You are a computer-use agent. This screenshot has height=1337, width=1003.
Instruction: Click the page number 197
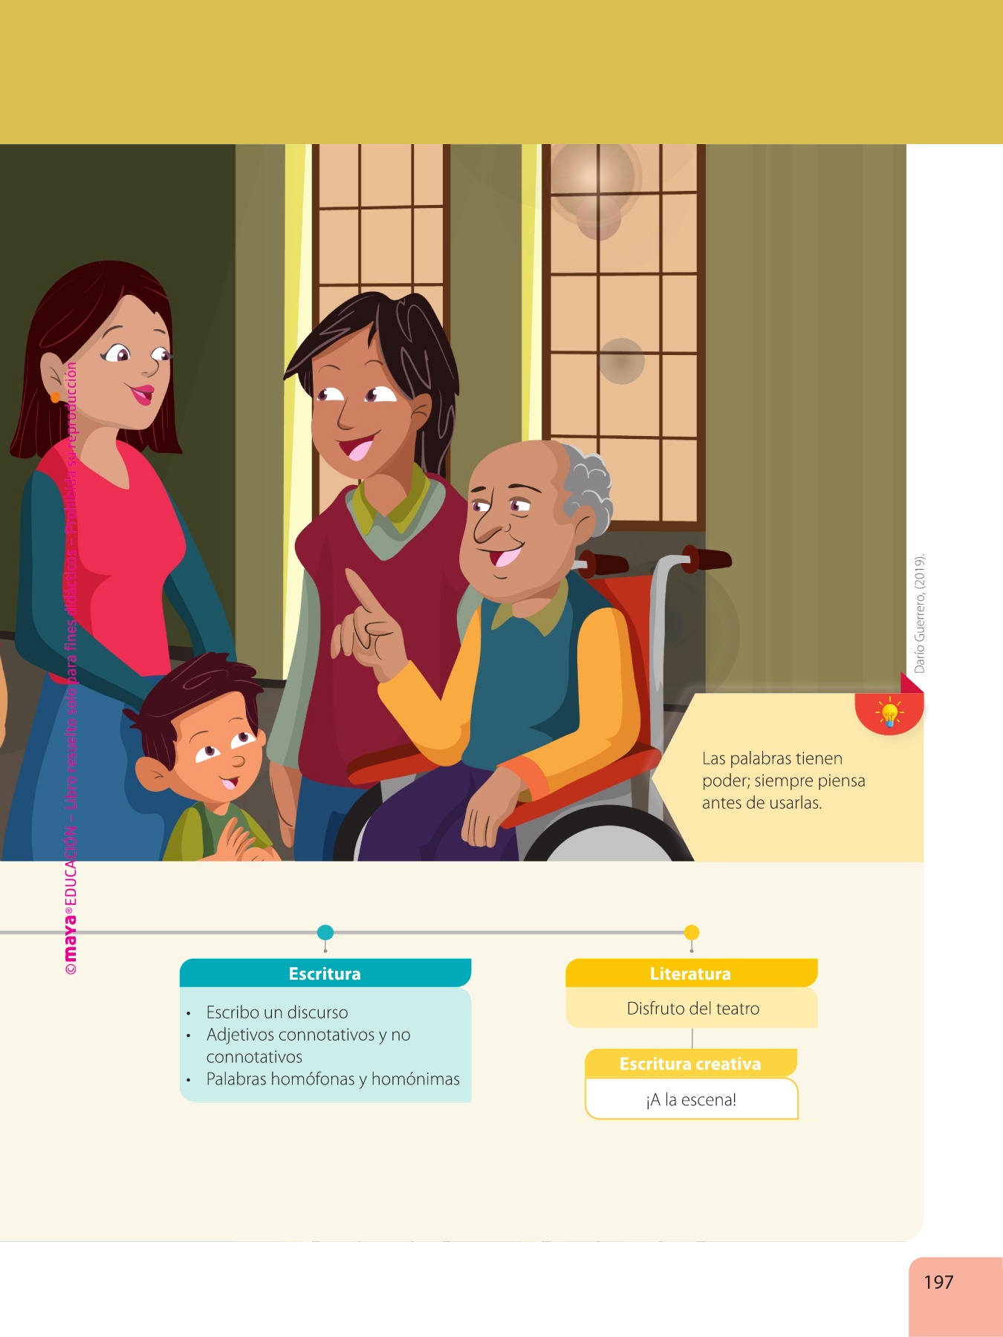938,1282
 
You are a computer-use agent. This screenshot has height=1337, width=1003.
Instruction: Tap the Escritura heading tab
325,973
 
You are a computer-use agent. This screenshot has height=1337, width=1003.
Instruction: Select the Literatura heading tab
691,973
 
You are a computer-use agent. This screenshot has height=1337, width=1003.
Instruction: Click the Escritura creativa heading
690,1064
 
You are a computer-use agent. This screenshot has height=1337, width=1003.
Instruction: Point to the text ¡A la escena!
691,1099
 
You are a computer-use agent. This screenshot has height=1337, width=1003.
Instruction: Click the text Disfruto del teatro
693,1008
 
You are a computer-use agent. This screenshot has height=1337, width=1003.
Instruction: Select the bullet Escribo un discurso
277,1012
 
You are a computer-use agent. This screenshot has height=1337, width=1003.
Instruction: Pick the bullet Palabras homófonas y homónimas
333,1079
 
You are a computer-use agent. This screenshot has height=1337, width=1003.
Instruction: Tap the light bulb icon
889,713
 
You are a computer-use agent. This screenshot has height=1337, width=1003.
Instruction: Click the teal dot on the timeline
325,932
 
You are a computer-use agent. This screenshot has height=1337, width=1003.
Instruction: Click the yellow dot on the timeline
692,932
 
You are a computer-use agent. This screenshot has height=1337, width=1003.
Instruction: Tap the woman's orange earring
55,398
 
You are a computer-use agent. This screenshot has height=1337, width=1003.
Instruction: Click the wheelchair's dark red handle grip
706,559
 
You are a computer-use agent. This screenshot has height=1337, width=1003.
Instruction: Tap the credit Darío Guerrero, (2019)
920,614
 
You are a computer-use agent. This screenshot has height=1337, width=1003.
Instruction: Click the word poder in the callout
725,781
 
